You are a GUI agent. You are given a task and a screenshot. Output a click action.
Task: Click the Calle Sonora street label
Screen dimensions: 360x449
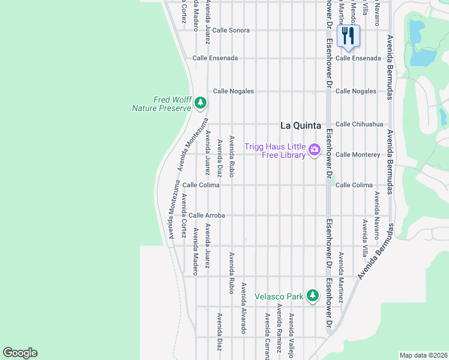point(231,30)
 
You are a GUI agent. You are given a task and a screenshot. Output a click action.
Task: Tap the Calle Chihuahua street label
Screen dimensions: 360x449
point(359,124)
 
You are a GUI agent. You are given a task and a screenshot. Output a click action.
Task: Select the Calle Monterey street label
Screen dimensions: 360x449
point(358,155)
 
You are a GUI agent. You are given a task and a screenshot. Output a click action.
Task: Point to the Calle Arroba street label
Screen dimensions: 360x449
point(206,215)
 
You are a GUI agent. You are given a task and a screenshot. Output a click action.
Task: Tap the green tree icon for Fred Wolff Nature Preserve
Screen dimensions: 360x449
point(200,103)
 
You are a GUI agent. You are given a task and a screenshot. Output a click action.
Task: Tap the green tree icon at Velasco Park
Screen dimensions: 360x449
point(312,296)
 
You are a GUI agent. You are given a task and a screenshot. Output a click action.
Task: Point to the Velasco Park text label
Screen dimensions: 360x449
point(279,296)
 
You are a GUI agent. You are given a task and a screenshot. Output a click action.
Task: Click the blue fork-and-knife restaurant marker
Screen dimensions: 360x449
point(347,35)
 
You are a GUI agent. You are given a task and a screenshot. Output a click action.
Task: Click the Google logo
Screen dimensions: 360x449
point(20,353)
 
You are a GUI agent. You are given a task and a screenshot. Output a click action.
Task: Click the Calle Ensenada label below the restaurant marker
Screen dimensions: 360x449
point(358,58)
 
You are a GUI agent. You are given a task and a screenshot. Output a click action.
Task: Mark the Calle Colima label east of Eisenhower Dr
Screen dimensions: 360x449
point(354,185)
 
